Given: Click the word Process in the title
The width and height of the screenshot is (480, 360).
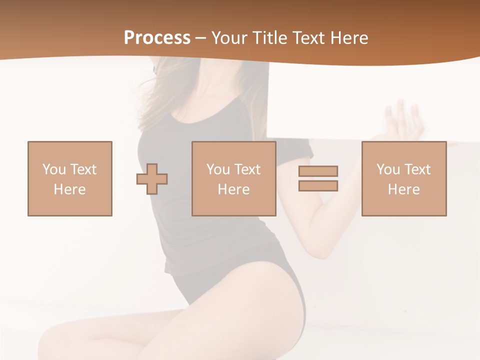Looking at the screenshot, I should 157,38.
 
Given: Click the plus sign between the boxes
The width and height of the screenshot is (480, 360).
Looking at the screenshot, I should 152,179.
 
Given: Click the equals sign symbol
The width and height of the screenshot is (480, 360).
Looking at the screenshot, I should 318,178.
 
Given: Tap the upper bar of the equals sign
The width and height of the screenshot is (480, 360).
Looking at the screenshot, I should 318,171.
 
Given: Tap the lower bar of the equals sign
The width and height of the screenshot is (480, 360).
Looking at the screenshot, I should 318,186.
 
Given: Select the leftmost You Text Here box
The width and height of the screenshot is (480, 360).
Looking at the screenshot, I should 70,178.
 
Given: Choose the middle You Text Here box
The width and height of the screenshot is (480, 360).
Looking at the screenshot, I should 233,178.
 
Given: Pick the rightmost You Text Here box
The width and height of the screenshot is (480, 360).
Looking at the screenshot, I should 403,178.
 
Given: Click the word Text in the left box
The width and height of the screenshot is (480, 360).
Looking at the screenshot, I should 83,169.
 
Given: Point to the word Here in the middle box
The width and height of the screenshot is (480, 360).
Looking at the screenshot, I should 233,189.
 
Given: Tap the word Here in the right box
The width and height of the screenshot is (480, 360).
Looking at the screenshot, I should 403,189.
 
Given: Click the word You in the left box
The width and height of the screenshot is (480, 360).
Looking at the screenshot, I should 54,169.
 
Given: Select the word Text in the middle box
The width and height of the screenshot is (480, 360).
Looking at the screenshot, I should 247,169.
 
